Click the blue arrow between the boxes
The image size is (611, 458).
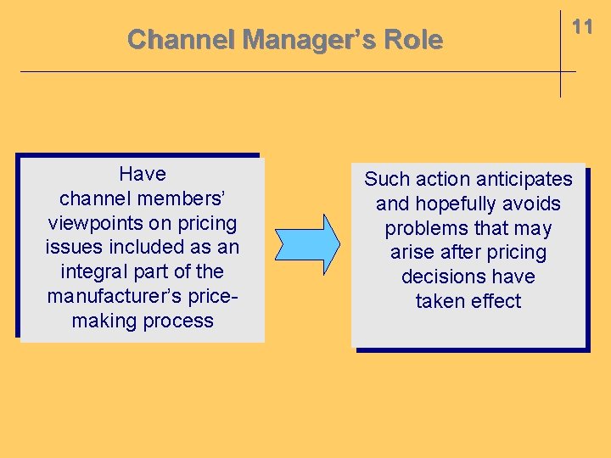(307, 244)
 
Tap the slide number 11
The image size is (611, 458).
(582, 27)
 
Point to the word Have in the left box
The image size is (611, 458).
(143, 174)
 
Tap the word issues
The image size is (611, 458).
(73, 248)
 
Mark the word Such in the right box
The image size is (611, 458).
(387, 180)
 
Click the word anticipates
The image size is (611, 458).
(524, 180)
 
